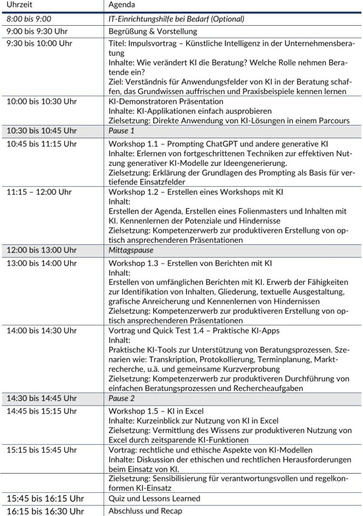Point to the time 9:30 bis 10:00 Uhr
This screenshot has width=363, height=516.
(x=39, y=43)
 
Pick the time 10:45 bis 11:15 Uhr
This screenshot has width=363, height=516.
(x=41, y=144)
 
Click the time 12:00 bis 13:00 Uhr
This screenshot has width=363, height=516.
(x=41, y=250)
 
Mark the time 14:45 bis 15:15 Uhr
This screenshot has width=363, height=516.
(x=41, y=410)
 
